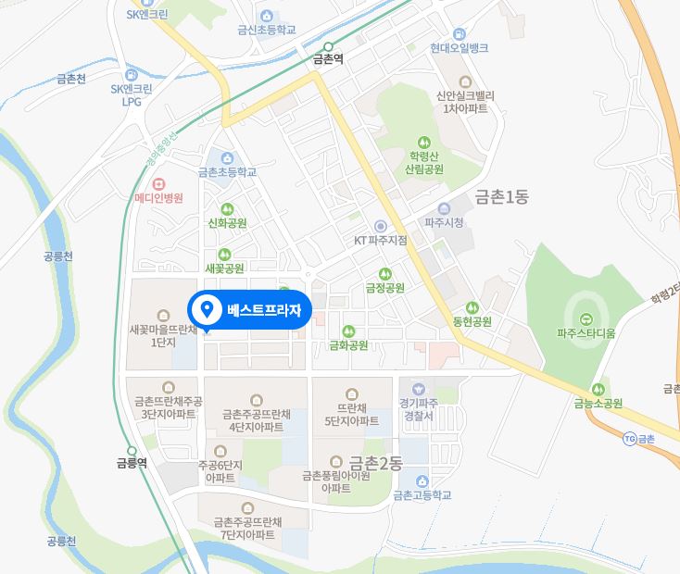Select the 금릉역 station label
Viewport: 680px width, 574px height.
132,463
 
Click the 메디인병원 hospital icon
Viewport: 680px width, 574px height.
158,183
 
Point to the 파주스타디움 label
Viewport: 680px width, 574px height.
586,332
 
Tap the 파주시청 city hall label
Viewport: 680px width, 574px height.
444,223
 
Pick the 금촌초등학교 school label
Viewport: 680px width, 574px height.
227,172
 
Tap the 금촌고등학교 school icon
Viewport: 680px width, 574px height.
422,480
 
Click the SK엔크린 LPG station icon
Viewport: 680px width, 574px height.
130,75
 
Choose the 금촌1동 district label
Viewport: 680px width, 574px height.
501,196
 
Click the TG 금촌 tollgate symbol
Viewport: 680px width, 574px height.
630,437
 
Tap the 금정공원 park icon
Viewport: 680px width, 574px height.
385,273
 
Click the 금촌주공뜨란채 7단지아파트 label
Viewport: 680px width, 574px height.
246,529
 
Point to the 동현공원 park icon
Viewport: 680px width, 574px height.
472,307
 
